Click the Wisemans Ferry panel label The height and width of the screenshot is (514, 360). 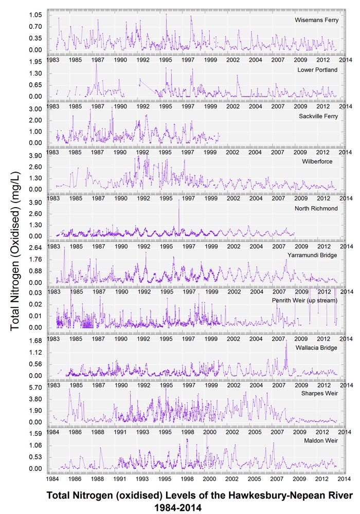click(316, 20)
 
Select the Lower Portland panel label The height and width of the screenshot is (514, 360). click(317, 69)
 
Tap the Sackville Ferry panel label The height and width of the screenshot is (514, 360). click(318, 116)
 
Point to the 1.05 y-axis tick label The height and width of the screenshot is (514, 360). click(34, 15)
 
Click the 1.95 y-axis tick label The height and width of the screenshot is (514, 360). click(34, 61)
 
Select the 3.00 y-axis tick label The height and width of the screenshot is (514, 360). click(34, 109)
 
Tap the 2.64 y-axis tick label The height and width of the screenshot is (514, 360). click(34, 247)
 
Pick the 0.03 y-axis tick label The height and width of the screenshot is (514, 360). click(34, 292)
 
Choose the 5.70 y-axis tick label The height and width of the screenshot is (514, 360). click(34, 387)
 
